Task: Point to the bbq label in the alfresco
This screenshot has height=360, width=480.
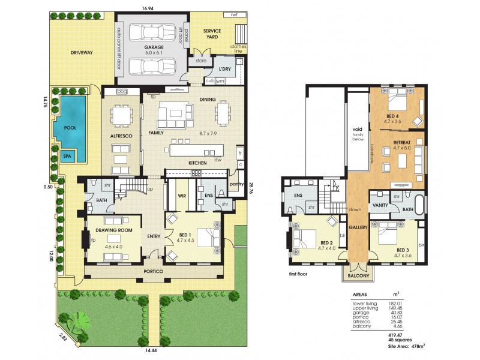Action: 123,91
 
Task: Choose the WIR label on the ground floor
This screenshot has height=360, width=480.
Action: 181,195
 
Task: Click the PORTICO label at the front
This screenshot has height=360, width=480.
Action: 154,270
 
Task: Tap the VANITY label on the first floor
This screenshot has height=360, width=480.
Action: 381,205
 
